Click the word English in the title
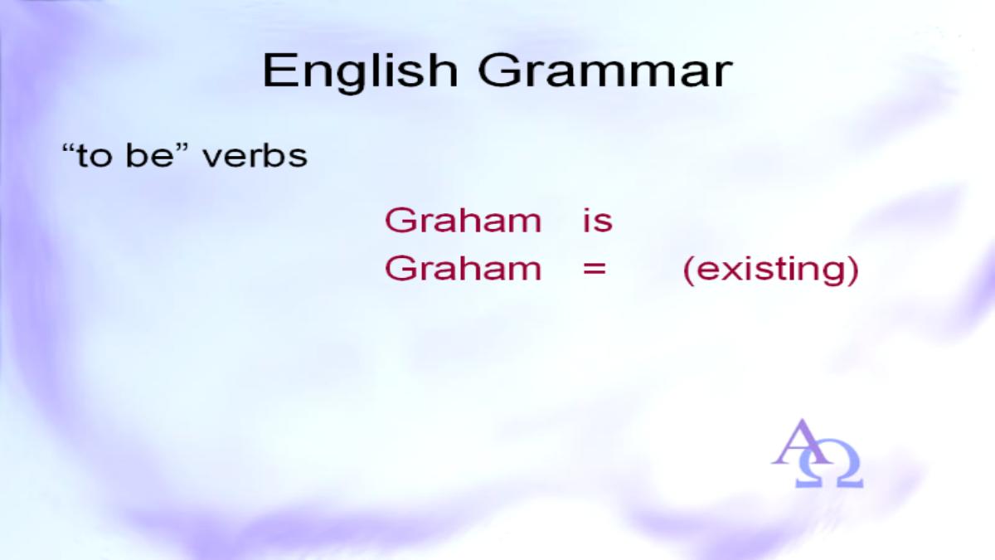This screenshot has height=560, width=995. point(360,72)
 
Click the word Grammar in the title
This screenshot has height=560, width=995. point(605,71)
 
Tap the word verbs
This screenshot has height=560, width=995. point(255,156)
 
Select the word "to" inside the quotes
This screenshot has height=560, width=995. point(94,157)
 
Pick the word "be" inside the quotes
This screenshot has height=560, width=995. point(148,156)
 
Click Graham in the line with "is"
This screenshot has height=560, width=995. point(464,220)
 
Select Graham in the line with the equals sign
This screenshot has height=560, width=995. point(464,269)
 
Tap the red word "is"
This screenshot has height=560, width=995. point(598,220)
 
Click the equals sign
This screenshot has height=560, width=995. point(595,269)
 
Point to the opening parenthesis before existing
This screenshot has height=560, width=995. point(688,270)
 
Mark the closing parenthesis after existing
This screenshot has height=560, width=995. point(853,270)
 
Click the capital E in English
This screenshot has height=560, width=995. point(279,71)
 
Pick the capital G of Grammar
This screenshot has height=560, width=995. point(496,71)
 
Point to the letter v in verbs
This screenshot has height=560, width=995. point(213,158)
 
